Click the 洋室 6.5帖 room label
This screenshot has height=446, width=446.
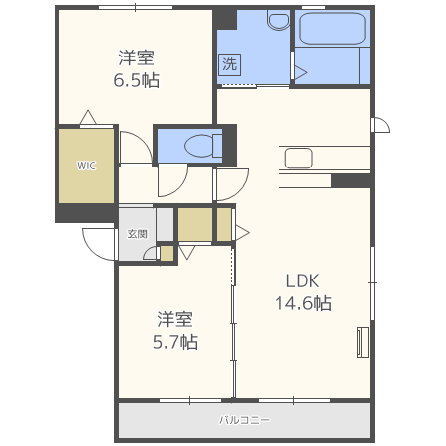coord(136,68)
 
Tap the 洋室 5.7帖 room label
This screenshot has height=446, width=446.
coord(174,330)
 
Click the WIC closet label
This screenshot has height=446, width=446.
coord(86,166)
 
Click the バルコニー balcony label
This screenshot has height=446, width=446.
coord(244,420)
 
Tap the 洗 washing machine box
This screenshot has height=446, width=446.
coord(229,66)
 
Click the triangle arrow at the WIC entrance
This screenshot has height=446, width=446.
coord(88,118)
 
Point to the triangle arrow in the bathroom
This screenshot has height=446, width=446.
coord(300,70)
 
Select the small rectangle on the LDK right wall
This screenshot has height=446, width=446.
coord(362,342)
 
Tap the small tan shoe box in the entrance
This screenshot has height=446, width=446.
coord(167,254)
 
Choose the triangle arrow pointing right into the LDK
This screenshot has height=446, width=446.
coord(241,233)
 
